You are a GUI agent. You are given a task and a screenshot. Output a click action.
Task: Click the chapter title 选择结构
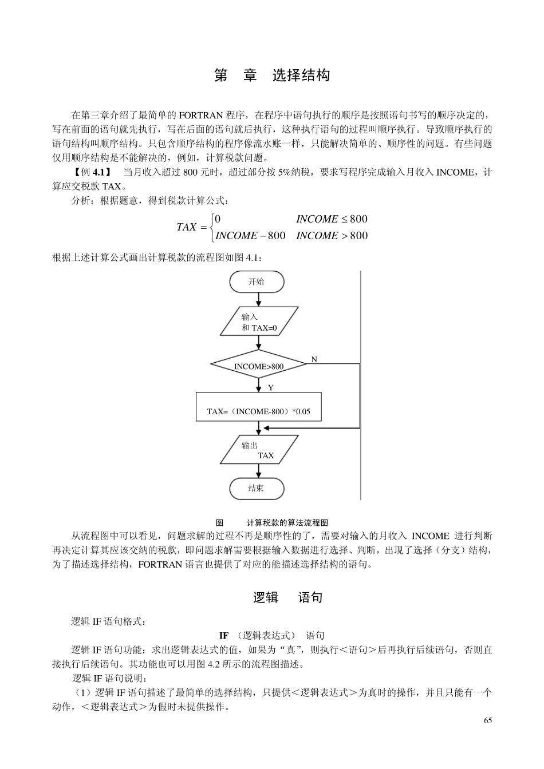click(301, 76)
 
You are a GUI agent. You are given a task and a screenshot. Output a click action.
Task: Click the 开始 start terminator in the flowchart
click(257, 282)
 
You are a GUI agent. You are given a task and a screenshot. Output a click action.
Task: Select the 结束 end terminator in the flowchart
click(257, 489)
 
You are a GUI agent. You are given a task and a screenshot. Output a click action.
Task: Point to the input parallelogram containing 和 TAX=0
click(259, 322)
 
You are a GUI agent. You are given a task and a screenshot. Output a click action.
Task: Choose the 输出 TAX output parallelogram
click(259, 450)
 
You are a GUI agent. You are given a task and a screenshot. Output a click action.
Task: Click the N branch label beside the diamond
click(314, 359)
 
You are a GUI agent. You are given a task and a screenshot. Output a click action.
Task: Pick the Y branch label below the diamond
click(271, 388)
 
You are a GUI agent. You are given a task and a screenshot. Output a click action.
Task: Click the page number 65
click(488, 720)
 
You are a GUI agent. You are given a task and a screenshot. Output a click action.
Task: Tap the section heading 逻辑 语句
click(288, 597)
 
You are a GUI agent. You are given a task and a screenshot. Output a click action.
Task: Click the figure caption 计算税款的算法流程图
click(287, 522)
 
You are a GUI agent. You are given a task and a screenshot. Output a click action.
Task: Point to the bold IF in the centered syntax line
click(224, 636)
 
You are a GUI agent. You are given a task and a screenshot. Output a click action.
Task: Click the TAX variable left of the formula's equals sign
click(187, 227)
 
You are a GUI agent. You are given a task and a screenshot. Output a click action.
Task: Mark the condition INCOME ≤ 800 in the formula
click(332, 219)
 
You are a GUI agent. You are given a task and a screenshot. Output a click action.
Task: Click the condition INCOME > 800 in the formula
click(332, 236)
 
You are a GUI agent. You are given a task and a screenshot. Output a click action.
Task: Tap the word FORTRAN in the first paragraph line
click(201, 114)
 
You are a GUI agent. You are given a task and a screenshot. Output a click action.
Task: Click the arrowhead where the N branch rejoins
click(266, 428)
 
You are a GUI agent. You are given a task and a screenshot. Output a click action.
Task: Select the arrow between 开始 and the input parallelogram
click(259, 299)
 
